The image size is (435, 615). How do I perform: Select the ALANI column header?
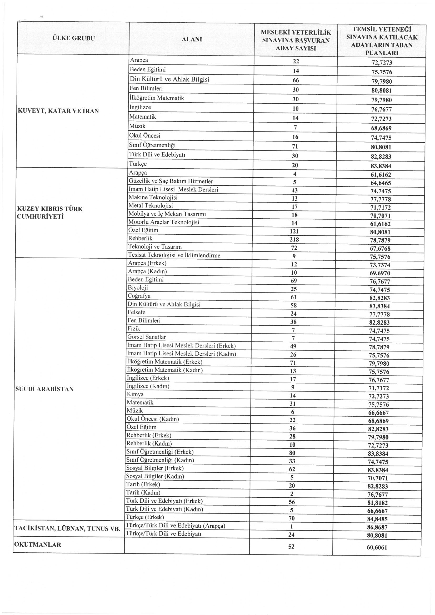point(192,39)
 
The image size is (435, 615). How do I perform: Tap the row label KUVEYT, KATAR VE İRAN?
point(58,111)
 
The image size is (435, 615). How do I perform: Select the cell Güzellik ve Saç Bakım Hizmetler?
point(171,181)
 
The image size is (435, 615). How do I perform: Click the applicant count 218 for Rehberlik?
point(294,239)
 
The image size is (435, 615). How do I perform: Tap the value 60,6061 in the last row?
point(377,547)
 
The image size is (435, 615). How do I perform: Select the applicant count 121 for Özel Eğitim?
point(294,231)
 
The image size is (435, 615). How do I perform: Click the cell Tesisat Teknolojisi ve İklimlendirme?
point(174,255)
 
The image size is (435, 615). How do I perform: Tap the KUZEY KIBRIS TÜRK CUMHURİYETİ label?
point(49,213)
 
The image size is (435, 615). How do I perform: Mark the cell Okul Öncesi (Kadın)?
point(153,419)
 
